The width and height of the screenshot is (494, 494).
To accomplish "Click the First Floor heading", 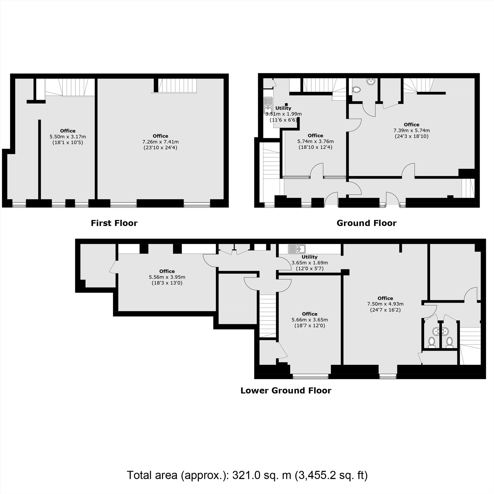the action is pos(114,223).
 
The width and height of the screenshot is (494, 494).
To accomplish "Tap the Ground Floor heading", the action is pos(366,223).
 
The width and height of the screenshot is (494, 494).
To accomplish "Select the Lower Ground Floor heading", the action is pos(286,391).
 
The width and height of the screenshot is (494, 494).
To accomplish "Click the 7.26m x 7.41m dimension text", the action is pos(160,142).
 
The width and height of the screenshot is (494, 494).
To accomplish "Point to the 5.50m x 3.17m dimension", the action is pos(68,137).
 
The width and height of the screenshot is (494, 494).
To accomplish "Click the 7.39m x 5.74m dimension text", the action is pos(412,130).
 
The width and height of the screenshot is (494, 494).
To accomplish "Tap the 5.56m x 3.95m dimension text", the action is pos(167,277).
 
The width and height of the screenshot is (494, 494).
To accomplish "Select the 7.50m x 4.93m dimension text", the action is pos(385,304).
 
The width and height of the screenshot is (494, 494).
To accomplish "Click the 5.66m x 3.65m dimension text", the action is pos(310,320).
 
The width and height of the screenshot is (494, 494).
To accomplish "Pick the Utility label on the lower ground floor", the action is pos(309,257).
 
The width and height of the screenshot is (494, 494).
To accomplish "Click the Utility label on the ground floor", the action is pos(283,108).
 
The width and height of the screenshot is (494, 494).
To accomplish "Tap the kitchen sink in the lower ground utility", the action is pos(297,248).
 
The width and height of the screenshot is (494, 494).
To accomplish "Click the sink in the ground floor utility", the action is pos(268,106).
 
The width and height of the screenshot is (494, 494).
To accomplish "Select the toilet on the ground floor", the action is pos(356,90).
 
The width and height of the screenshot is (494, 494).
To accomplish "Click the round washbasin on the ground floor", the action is pos(371,81).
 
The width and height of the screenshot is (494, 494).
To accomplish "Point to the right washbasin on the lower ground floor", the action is pos(445,332).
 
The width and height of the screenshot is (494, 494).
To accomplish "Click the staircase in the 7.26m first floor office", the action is pos(177,85).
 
